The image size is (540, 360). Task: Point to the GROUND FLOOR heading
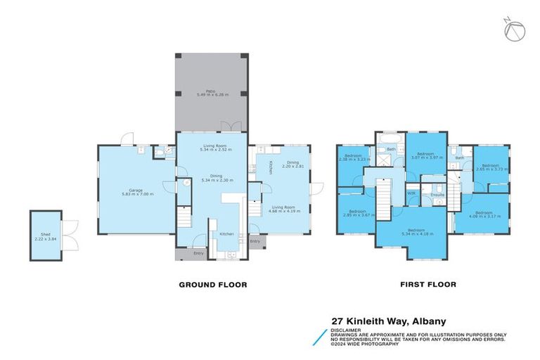[x=212, y=285]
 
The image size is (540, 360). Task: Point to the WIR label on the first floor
[x=411, y=193]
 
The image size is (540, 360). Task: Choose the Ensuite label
[x=437, y=195]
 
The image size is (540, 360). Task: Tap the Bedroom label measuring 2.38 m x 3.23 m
[x=353, y=157]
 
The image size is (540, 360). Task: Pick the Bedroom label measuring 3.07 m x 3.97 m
[x=425, y=155]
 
